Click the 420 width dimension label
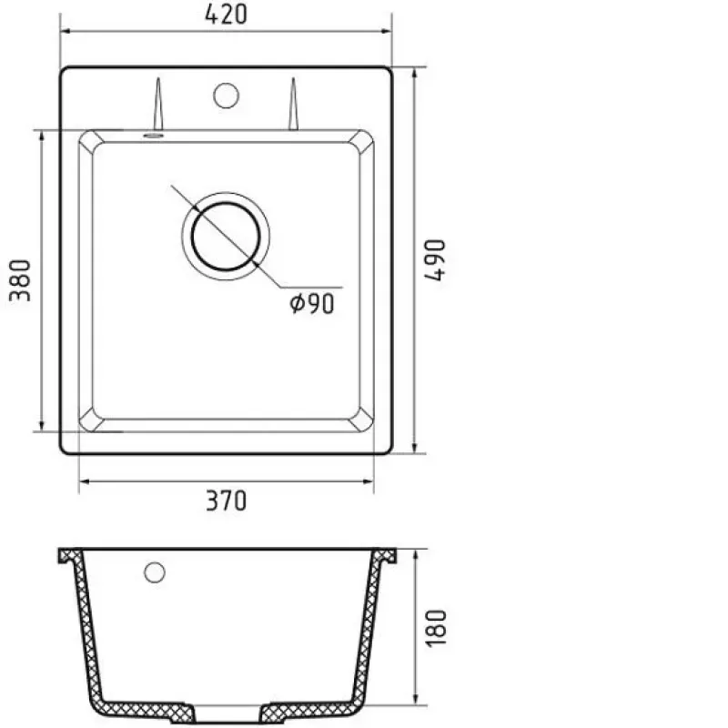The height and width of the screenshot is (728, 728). (x=226, y=15)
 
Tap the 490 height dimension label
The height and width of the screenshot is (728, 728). (x=435, y=260)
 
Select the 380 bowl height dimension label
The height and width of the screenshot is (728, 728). (x=20, y=280)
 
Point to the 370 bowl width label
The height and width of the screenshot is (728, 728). (x=226, y=500)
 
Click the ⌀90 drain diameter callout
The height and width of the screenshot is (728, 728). (x=312, y=304)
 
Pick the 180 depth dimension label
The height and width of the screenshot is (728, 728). (x=436, y=628)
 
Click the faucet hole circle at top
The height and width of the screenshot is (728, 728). (x=226, y=96)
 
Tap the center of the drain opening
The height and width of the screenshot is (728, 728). (x=226, y=237)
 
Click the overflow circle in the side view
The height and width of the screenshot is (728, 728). (x=155, y=572)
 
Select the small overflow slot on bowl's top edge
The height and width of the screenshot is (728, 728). (x=153, y=136)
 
